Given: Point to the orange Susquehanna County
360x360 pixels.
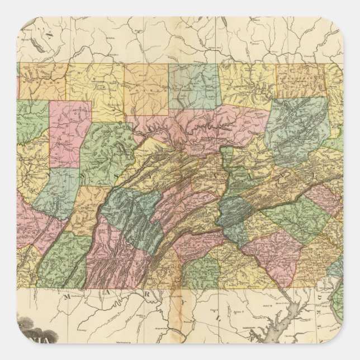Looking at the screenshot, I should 302,81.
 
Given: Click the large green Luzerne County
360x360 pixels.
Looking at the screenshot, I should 296,131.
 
